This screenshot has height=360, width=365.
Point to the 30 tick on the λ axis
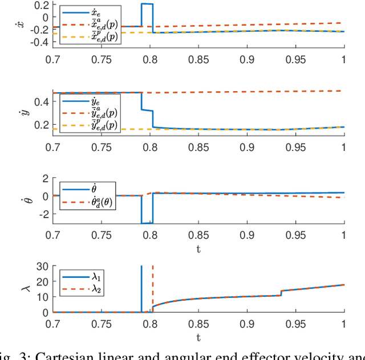coord(41,266)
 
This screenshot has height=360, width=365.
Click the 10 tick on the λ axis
coord(41,297)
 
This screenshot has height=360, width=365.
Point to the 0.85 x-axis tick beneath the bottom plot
coord(199,322)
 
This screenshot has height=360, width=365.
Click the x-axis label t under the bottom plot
coord(198,336)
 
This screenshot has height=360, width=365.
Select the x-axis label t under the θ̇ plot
coord(198,248)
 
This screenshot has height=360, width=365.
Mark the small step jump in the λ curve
coord(281,293)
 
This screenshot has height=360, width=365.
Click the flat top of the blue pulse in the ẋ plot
coord(147,4)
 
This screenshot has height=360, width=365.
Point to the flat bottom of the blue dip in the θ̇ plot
coord(147,223)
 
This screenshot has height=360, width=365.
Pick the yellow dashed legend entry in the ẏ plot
coord(89,126)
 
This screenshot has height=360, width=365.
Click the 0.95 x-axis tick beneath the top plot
coord(295,59)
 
